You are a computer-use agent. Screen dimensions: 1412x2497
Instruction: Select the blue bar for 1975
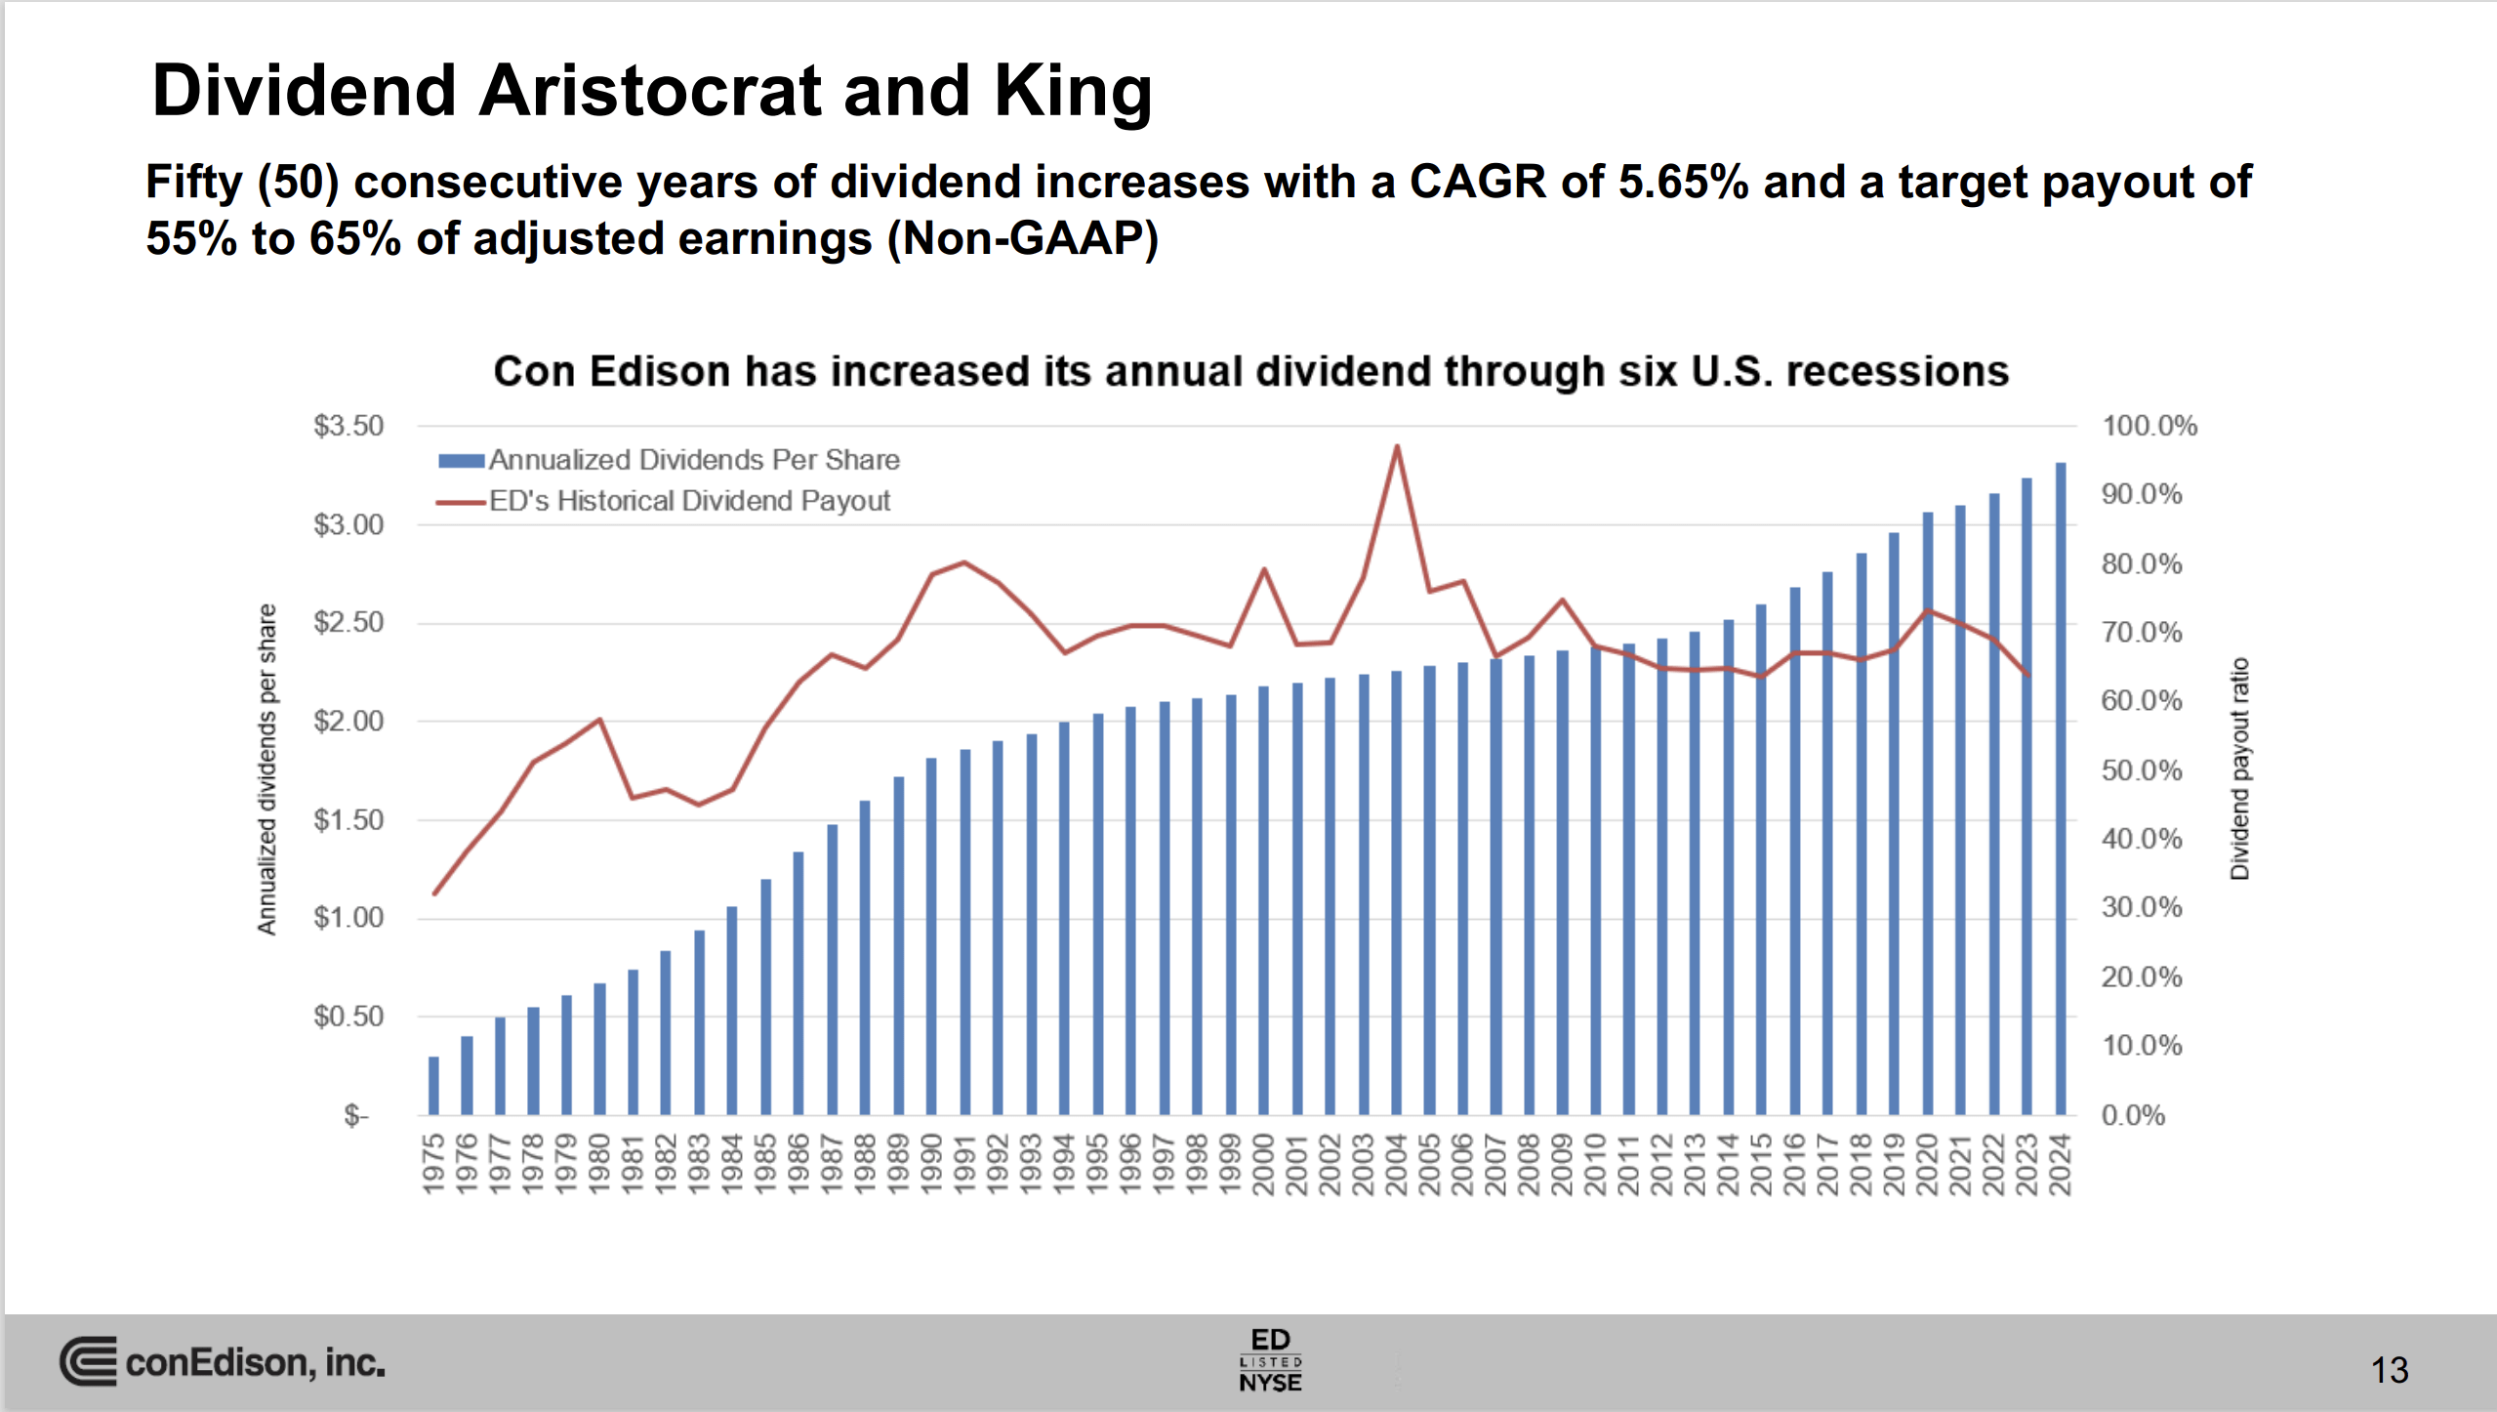(x=433, y=1086)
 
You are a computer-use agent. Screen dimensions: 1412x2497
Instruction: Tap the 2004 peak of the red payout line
(x=1396, y=447)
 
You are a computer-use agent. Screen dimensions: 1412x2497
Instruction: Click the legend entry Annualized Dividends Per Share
(x=693, y=460)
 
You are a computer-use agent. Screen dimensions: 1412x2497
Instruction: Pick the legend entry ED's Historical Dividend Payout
(x=688, y=501)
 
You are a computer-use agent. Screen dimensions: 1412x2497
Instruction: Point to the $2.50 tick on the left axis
(x=348, y=623)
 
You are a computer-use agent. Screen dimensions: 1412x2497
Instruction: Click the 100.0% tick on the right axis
(x=2149, y=426)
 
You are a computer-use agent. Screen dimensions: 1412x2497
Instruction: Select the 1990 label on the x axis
(x=931, y=1163)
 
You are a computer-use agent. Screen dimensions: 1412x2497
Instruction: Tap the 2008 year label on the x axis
(x=1529, y=1163)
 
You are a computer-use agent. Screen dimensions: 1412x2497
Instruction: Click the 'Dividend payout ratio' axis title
(x=2239, y=768)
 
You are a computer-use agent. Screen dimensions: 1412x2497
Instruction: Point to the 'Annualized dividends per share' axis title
(x=266, y=768)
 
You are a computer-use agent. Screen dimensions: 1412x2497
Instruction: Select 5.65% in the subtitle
(x=1682, y=183)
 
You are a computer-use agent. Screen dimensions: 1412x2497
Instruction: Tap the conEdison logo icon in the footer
(x=88, y=1361)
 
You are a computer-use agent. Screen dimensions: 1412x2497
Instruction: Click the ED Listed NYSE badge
(x=1270, y=1359)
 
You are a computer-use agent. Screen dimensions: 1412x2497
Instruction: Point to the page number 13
(x=2390, y=1370)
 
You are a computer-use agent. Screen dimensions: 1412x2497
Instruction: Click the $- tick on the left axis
(x=356, y=1115)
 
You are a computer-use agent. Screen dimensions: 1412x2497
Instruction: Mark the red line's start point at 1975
(x=434, y=893)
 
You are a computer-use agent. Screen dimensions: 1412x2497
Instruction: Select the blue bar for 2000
(x=1263, y=900)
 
